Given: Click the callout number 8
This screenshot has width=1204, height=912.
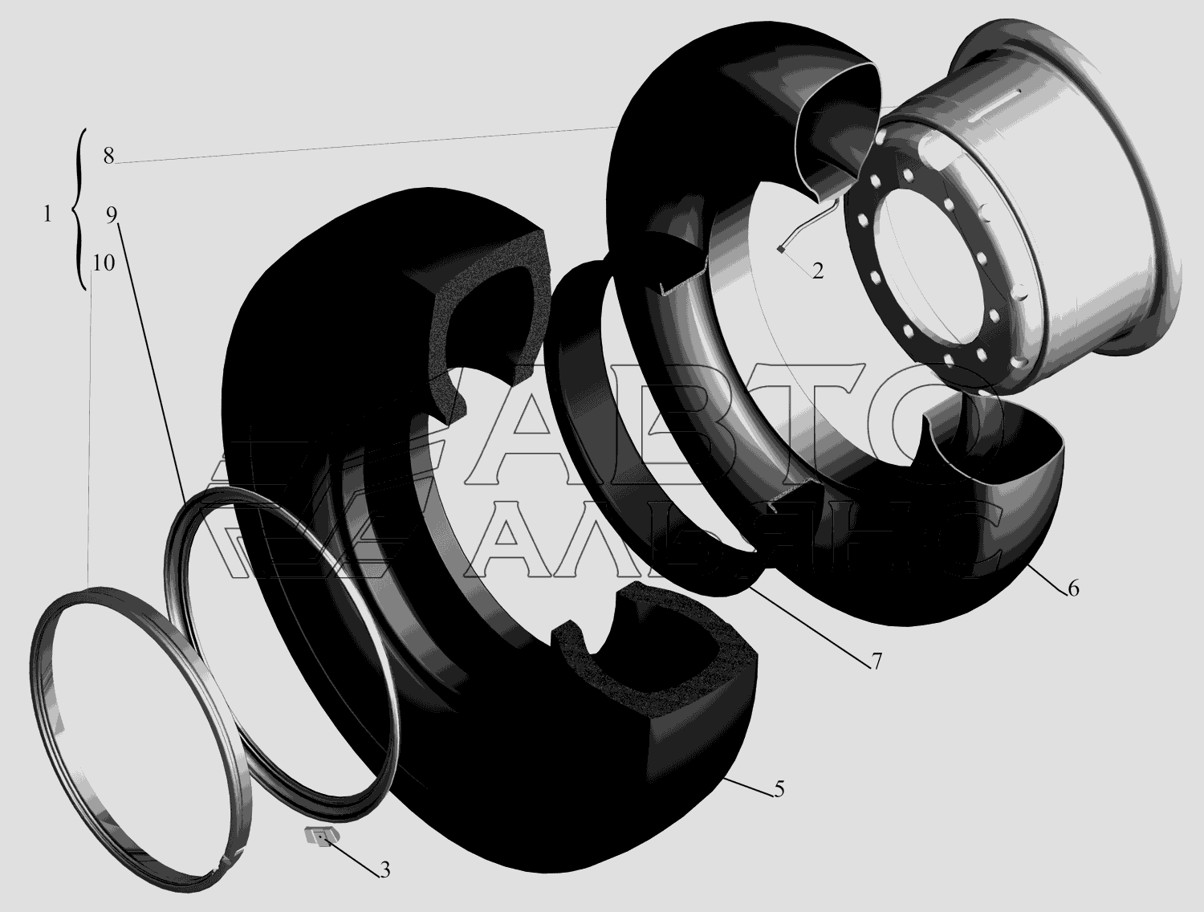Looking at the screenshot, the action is pos(108,157).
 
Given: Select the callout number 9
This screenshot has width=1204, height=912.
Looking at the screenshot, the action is pos(112,215).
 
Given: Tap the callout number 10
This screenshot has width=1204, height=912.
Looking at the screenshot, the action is pos(104,263).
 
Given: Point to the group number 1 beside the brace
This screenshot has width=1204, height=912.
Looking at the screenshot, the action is pos(47,214).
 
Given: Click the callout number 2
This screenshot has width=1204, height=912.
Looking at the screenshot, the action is pos(818,271).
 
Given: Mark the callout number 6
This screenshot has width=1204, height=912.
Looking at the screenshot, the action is pos(1073,588).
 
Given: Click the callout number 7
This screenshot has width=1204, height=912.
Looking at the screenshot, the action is pos(876,662).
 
